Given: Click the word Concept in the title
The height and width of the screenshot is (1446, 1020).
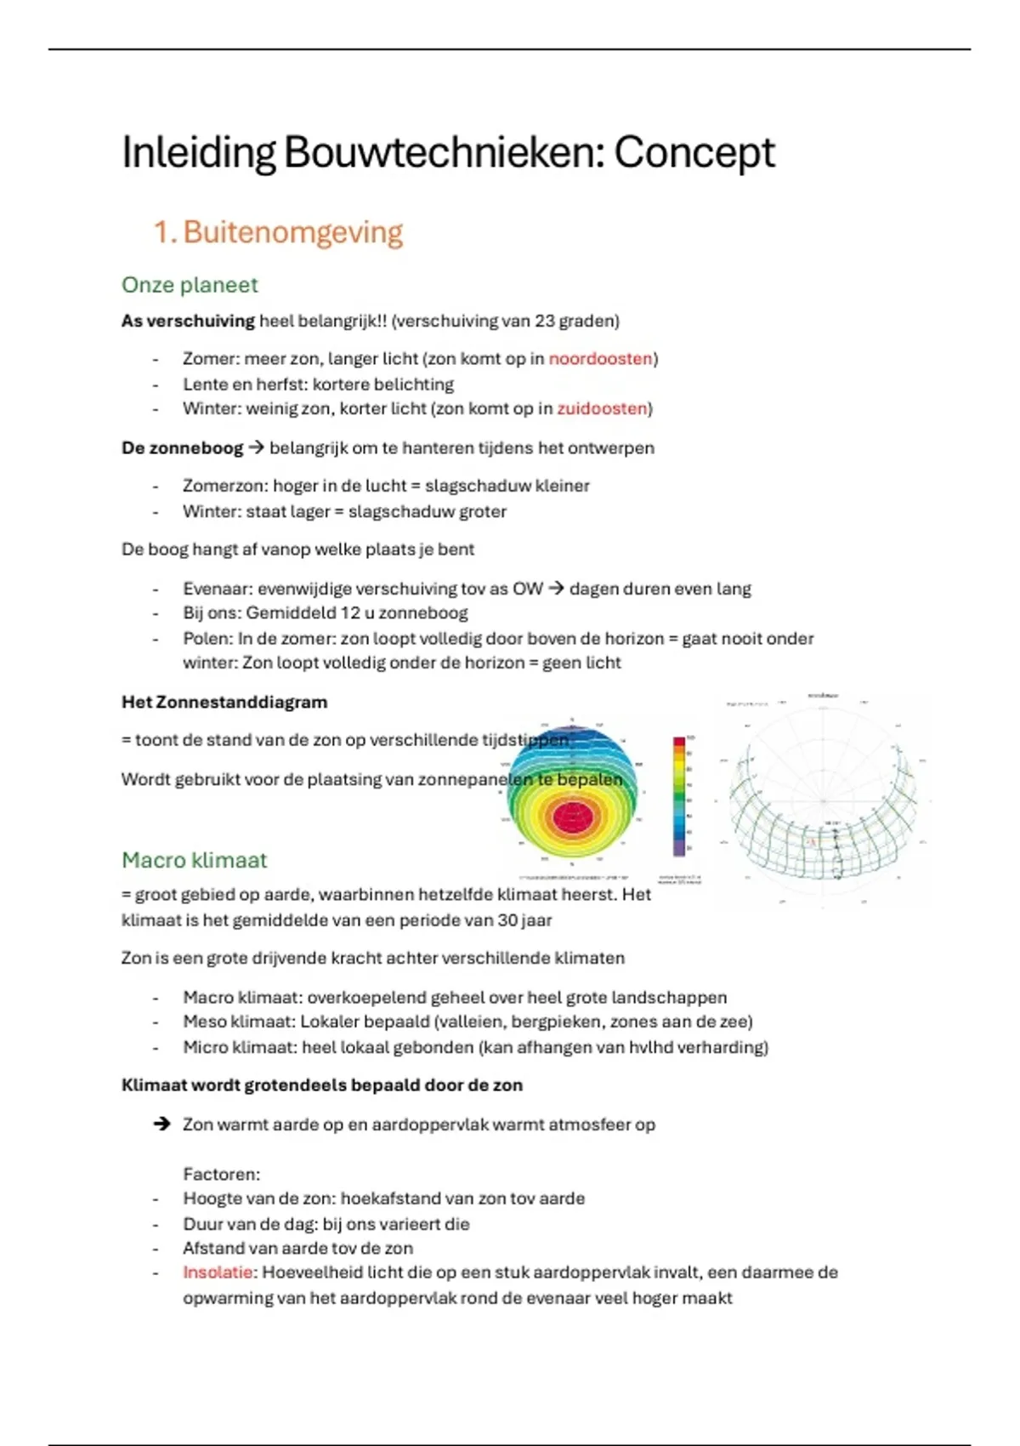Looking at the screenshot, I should [694, 153].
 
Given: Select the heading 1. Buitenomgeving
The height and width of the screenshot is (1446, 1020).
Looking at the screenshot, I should [278, 232].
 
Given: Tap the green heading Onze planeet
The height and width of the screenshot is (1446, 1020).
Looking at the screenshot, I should [190, 285].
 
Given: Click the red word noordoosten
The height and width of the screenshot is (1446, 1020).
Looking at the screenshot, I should [600, 359].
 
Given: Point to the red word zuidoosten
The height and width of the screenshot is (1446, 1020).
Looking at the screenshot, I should [602, 409].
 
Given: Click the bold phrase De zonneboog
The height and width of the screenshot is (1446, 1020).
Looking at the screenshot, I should [182, 448].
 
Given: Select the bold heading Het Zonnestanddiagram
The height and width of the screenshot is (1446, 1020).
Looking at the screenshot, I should [224, 703].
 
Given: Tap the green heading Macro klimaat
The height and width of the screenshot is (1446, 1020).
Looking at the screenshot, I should [194, 860].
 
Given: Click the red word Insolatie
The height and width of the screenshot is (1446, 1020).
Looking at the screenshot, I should [218, 1272].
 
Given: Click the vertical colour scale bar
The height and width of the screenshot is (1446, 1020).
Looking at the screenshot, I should [679, 796].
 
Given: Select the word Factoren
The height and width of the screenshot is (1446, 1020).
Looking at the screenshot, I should [221, 1175].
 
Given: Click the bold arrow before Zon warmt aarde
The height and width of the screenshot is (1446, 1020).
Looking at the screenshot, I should [161, 1124].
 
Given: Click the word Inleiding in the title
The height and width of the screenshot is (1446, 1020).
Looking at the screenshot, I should [198, 153].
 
